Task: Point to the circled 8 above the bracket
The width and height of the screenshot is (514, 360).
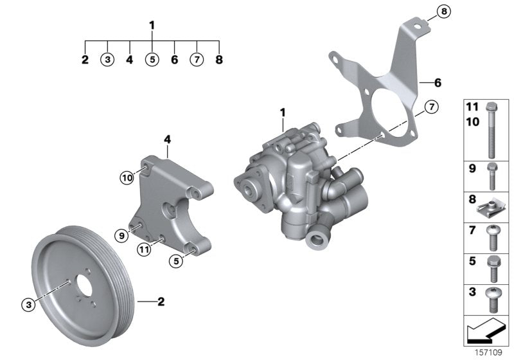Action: click(443, 11)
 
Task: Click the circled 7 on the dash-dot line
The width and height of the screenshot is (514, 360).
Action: click(430, 107)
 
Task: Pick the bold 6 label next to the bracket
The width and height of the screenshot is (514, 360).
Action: click(438, 83)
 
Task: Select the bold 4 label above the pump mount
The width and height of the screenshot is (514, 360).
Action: click(166, 138)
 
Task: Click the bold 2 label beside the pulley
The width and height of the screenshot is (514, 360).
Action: click(162, 300)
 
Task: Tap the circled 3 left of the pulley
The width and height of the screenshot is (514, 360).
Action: click(28, 303)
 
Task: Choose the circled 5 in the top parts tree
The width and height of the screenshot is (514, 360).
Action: click(152, 60)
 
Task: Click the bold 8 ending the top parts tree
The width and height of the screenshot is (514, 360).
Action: click(220, 60)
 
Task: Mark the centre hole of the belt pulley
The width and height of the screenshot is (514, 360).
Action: click(84, 286)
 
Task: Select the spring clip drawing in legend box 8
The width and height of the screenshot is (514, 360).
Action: click(489, 207)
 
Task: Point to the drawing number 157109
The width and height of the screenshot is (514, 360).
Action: click(489, 352)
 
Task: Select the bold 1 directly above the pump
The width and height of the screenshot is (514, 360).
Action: click(282, 113)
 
